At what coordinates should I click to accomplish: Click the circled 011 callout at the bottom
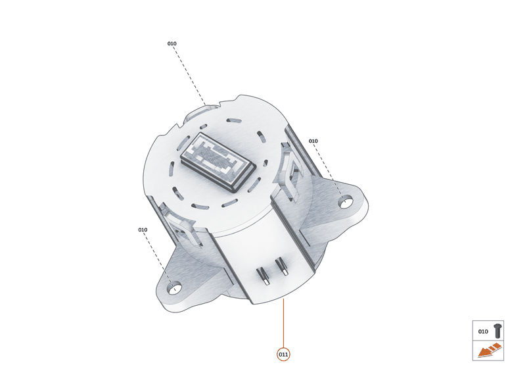click(x=283, y=355)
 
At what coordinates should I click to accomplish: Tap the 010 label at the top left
click(x=172, y=43)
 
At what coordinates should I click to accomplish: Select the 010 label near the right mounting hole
click(x=313, y=141)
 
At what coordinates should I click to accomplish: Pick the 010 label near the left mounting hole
click(x=143, y=230)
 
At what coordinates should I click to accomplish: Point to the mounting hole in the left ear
click(x=174, y=287)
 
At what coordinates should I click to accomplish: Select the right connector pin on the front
click(x=283, y=266)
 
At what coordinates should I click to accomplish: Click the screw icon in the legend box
click(x=497, y=331)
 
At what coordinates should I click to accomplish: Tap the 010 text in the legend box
click(x=483, y=331)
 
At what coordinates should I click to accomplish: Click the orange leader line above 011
click(x=283, y=322)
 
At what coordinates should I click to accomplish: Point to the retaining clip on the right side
click(x=290, y=172)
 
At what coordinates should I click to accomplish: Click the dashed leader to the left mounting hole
click(x=158, y=257)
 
